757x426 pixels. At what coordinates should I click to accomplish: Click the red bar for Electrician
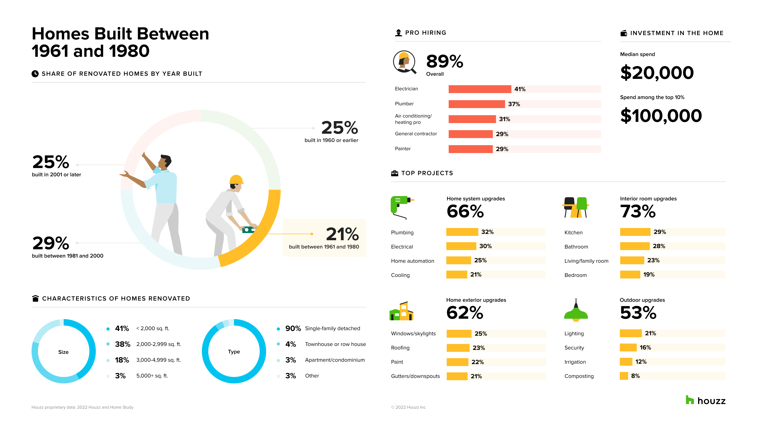480,89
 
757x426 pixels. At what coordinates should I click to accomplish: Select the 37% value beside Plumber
514,104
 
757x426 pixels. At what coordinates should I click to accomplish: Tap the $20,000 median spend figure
657,73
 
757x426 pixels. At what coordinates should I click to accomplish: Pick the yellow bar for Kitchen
635,232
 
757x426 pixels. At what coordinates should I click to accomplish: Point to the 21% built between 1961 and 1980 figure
342,234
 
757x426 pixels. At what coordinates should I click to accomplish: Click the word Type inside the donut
234,352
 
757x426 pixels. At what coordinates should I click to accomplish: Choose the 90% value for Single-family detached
293,328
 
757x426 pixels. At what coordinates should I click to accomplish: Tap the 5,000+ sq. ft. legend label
152,376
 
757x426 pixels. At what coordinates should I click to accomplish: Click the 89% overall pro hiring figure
445,62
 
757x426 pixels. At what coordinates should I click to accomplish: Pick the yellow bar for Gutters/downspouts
457,376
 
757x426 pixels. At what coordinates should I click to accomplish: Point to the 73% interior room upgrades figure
638,211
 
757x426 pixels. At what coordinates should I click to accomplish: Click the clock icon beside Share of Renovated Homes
35,74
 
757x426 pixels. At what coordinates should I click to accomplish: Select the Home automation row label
412,261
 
